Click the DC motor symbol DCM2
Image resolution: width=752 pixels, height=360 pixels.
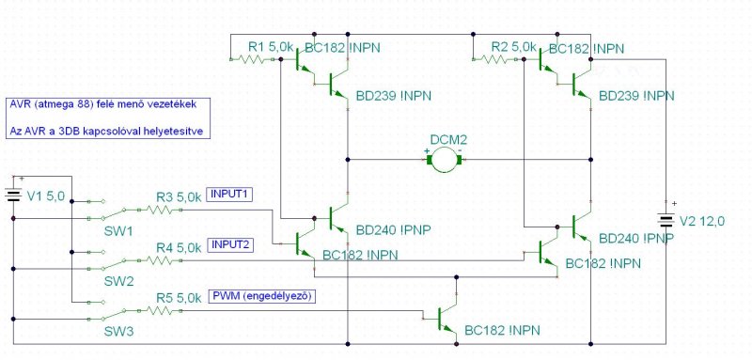(445, 160)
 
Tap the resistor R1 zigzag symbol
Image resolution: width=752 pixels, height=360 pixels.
(254, 59)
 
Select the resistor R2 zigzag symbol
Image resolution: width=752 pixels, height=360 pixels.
(497, 59)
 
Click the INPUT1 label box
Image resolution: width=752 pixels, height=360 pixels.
(229, 195)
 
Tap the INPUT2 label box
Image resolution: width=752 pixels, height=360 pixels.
(229, 245)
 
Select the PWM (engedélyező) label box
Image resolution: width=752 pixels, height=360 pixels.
(262, 296)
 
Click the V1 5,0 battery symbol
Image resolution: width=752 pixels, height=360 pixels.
(13, 196)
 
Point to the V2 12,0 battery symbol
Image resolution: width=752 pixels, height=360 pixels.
(666, 221)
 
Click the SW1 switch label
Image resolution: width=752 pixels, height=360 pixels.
(118, 230)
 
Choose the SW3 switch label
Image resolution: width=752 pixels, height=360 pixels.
(118, 331)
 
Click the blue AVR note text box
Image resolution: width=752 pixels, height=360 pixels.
(108, 117)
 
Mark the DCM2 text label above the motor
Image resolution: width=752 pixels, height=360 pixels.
(448, 140)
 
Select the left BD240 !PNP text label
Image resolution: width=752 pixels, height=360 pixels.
(393, 230)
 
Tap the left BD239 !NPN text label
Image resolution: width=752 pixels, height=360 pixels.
(393, 97)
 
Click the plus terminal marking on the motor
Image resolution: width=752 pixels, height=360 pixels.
(427, 151)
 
